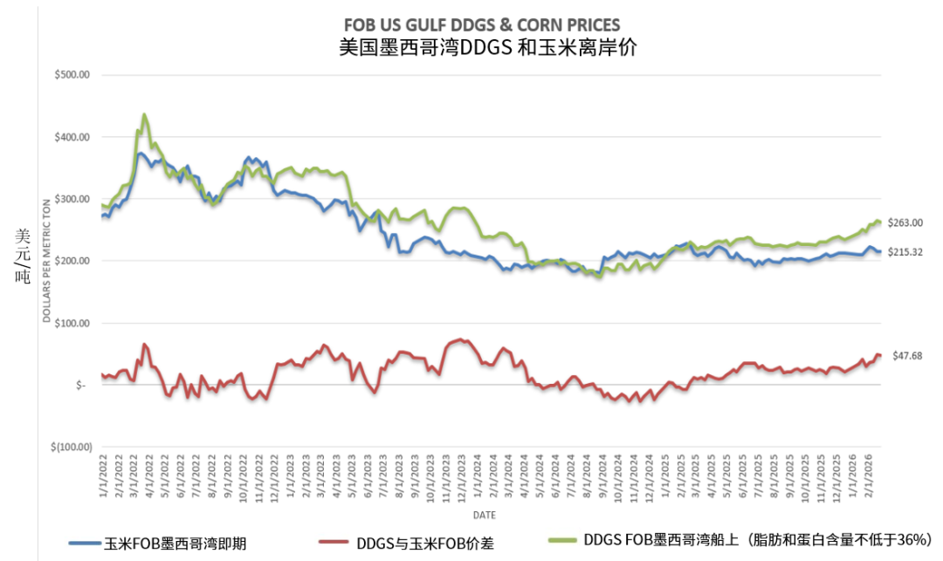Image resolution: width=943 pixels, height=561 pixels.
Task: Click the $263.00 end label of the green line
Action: pyautogui.click(x=905, y=223)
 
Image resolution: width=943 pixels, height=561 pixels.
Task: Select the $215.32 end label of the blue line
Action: pyautogui.click(x=905, y=252)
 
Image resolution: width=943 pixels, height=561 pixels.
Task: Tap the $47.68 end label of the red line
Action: pyautogui.click(x=908, y=356)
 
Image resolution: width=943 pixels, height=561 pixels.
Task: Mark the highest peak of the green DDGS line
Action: pyautogui.click(x=144, y=114)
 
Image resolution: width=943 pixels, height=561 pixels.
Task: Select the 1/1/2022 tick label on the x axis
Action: pyautogui.click(x=104, y=476)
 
